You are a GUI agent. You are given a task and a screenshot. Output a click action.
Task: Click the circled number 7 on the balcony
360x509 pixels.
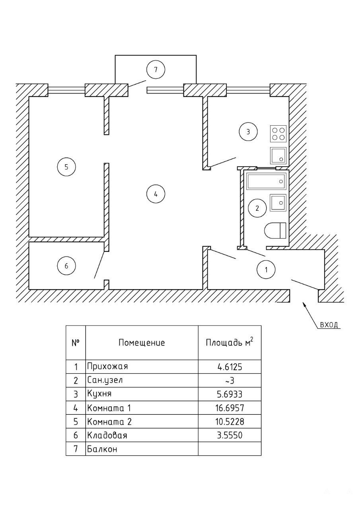coord(156,70)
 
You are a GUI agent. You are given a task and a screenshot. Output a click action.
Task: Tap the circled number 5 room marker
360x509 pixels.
coord(66,167)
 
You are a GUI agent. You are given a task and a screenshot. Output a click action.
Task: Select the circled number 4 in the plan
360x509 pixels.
coord(156,194)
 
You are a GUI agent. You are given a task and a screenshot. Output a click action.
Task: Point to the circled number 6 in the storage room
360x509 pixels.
coord(66,266)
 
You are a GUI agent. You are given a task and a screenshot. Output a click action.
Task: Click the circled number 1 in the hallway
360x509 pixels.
coord(267,270)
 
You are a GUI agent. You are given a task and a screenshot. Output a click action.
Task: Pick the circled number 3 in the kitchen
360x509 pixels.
coord(248,132)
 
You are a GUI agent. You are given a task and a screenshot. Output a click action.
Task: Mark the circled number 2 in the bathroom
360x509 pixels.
coord(257,208)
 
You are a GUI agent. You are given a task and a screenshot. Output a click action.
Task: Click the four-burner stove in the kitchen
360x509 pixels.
coord(278,134)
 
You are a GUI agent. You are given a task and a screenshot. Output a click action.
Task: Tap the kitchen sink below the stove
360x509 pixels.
coord(278,155)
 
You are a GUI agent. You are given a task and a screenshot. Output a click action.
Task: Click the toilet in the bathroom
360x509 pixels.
coord(276,231)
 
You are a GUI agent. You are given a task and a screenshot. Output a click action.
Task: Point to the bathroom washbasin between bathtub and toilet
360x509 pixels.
coord(278,202)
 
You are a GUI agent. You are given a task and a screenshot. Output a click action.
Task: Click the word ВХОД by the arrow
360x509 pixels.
coord(329,325)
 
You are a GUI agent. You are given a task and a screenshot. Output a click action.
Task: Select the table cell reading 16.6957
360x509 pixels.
coord(230,408)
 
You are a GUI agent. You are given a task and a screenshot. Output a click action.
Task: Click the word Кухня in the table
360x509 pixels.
coord(99,394)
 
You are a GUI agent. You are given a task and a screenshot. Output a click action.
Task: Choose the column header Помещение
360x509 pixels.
coord(141,342)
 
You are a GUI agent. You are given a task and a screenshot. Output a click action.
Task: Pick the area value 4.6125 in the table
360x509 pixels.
coord(230,367)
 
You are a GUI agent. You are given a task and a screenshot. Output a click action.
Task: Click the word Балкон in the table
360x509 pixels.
coord(101,449)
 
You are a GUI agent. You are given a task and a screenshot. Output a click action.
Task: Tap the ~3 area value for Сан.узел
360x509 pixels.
coord(230,381)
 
